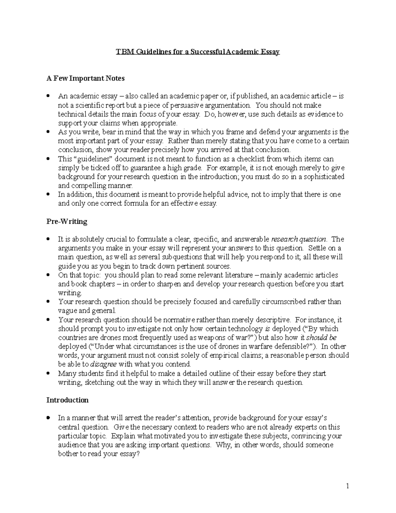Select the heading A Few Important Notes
point(85,78)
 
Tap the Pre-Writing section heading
point(67,221)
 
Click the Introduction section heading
point(67,400)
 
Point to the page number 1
point(347,486)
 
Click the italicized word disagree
point(103,364)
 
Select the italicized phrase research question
point(298,239)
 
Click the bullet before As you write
point(49,132)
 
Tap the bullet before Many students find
point(49,374)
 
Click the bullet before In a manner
point(49,418)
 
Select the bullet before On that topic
point(49,275)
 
